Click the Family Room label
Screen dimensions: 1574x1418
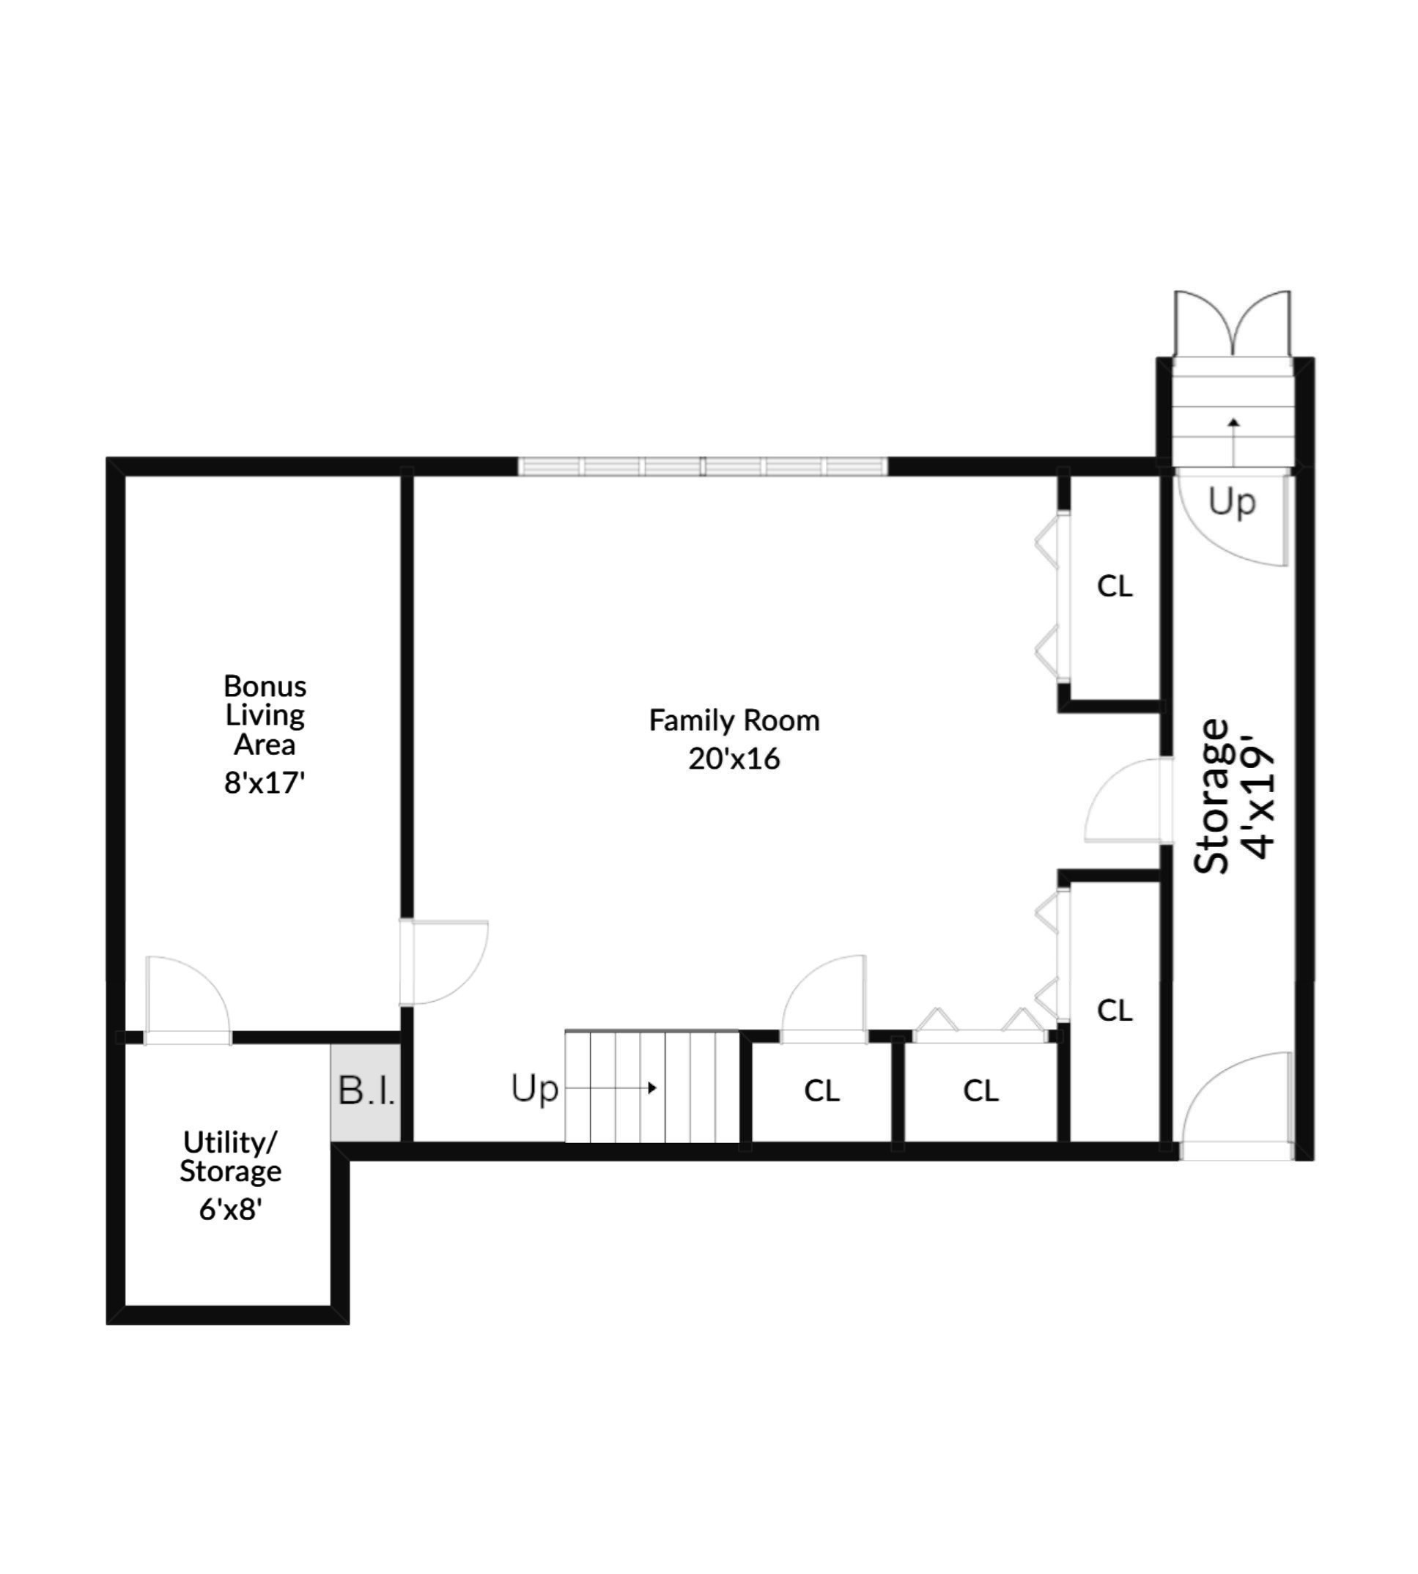734,721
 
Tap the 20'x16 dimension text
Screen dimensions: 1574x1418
734,758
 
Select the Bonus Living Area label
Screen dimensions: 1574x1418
265,714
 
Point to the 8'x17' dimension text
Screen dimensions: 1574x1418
264,783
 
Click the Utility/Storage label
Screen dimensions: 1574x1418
230,1156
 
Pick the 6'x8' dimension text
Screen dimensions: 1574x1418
230,1208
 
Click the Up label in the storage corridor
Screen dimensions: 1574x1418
1232,502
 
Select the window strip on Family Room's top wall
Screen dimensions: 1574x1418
703,467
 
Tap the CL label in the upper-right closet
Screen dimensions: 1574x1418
1114,586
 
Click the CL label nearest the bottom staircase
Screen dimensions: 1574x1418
822,1091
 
